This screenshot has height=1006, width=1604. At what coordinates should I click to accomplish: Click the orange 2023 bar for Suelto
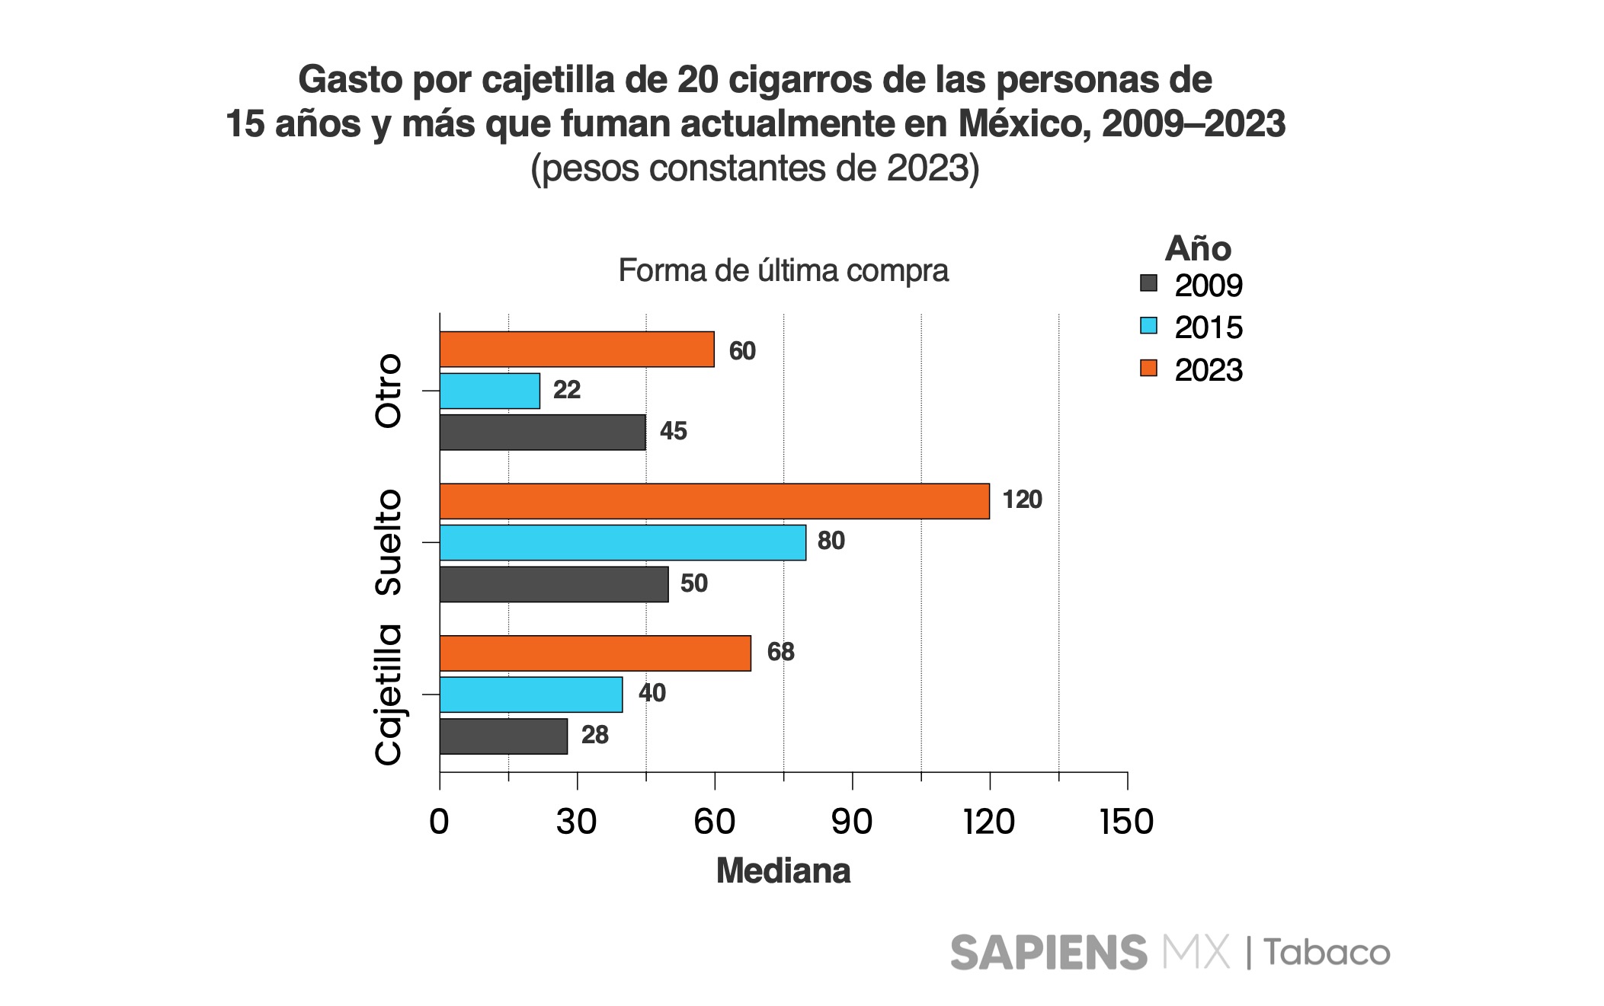(x=714, y=501)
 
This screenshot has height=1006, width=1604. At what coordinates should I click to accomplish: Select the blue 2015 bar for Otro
(x=490, y=391)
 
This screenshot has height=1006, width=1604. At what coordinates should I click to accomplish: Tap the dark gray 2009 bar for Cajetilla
(x=504, y=736)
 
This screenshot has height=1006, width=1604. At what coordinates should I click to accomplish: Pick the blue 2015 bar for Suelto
(x=623, y=542)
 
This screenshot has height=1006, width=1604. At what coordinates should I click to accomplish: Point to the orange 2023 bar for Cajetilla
(x=595, y=653)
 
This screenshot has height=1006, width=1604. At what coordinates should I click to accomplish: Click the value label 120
(x=1022, y=500)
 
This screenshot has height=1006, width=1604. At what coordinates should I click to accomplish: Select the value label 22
(x=567, y=390)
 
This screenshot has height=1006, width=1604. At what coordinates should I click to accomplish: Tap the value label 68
(x=780, y=652)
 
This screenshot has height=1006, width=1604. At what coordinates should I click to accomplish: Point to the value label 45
(x=673, y=431)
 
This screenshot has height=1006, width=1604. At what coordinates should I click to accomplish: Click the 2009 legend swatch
(x=1148, y=283)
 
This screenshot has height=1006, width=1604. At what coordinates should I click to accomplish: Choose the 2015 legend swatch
(x=1148, y=326)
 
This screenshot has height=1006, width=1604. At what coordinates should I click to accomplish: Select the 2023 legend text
(x=1209, y=370)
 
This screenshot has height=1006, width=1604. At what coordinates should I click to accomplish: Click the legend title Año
(x=1198, y=248)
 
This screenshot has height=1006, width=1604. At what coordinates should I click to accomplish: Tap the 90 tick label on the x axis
(x=852, y=822)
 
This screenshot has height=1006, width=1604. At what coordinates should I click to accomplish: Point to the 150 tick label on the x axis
(x=1126, y=822)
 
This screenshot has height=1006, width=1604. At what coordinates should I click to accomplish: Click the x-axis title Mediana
(x=783, y=870)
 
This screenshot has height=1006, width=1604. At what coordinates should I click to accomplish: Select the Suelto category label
(x=389, y=542)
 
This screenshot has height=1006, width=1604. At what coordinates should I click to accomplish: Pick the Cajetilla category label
(x=389, y=695)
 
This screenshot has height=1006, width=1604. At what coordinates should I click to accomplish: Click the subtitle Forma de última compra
(x=783, y=270)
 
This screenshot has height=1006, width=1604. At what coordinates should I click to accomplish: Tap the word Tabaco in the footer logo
(x=1327, y=953)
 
